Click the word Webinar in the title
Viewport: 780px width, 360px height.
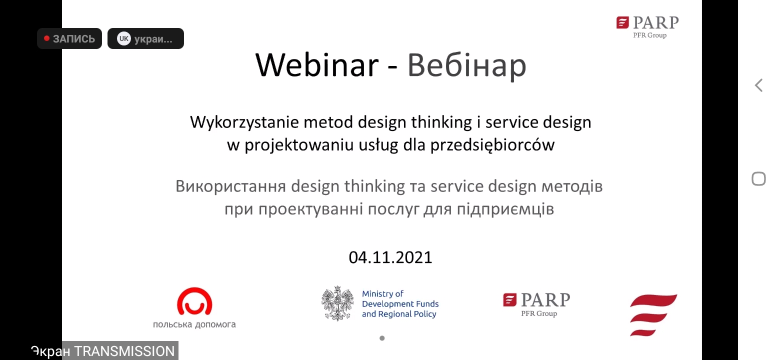click(x=317, y=65)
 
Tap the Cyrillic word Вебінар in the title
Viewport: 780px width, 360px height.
click(x=466, y=65)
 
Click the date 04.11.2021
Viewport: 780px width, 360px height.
click(x=390, y=257)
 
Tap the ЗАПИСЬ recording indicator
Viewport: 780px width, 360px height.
click(x=69, y=38)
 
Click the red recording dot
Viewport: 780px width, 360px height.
click(x=46, y=38)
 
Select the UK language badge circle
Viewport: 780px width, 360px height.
click(x=124, y=38)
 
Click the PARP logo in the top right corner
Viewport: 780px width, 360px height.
click(x=647, y=27)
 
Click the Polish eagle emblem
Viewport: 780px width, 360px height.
click(x=337, y=303)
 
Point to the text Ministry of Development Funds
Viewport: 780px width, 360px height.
click(x=400, y=298)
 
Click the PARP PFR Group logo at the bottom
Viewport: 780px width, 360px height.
click(x=536, y=304)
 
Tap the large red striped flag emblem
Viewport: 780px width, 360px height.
click(x=653, y=315)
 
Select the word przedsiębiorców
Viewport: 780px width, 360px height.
click(x=492, y=145)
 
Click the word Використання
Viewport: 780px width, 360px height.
click(x=230, y=186)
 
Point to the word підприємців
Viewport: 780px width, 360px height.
click(x=505, y=209)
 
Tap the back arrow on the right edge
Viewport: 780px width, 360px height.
click(x=759, y=85)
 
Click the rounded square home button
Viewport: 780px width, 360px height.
click(x=759, y=179)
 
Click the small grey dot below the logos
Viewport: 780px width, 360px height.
click(x=382, y=338)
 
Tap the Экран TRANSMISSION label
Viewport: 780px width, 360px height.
click(x=103, y=351)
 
